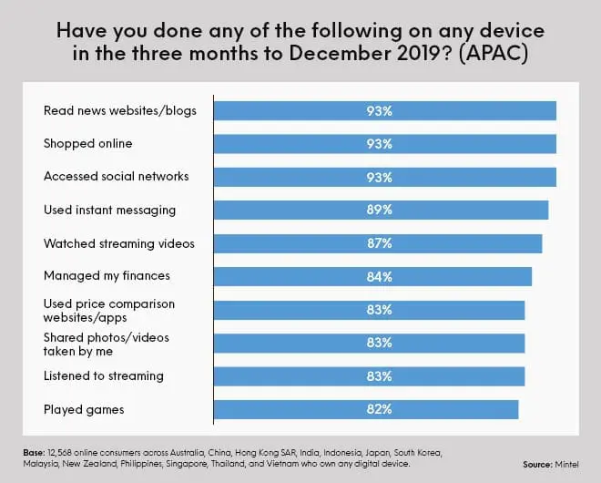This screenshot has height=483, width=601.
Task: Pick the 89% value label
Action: coord(381,210)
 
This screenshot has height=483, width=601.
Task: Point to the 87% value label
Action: coord(381,243)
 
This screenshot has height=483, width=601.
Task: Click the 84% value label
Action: coord(381,276)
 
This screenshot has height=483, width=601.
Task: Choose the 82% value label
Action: coord(381,409)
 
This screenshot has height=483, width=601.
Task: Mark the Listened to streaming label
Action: coord(104,375)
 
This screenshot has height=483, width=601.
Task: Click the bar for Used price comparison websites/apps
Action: coord(369,310)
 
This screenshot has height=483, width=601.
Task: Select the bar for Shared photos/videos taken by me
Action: coord(369,343)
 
